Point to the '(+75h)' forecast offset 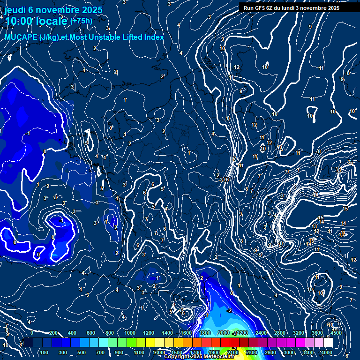click(81, 21)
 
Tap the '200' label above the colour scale click(53, 333)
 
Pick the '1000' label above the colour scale click(129, 333)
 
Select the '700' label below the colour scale click(100, 352)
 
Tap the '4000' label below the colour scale click(326, 352)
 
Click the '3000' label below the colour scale click(289, 352)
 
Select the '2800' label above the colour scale click(279, 333)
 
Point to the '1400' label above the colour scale click(167, 333)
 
